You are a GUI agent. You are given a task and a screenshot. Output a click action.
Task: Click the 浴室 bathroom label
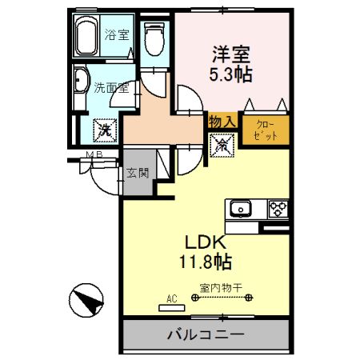coord(116,35)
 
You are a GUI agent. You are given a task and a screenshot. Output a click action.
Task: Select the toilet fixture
coord(154,38)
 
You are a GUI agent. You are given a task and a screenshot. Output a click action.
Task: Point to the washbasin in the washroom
coord(81,84)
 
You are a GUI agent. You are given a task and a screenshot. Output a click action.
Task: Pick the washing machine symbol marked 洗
coord(104,127)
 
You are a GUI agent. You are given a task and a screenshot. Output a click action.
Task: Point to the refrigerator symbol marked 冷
coord(220,145)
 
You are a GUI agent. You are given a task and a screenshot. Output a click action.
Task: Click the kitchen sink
coord(240,210)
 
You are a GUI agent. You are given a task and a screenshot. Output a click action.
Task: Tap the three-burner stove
coord(277,209)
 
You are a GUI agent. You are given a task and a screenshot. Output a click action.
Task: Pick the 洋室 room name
coord(231,56)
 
